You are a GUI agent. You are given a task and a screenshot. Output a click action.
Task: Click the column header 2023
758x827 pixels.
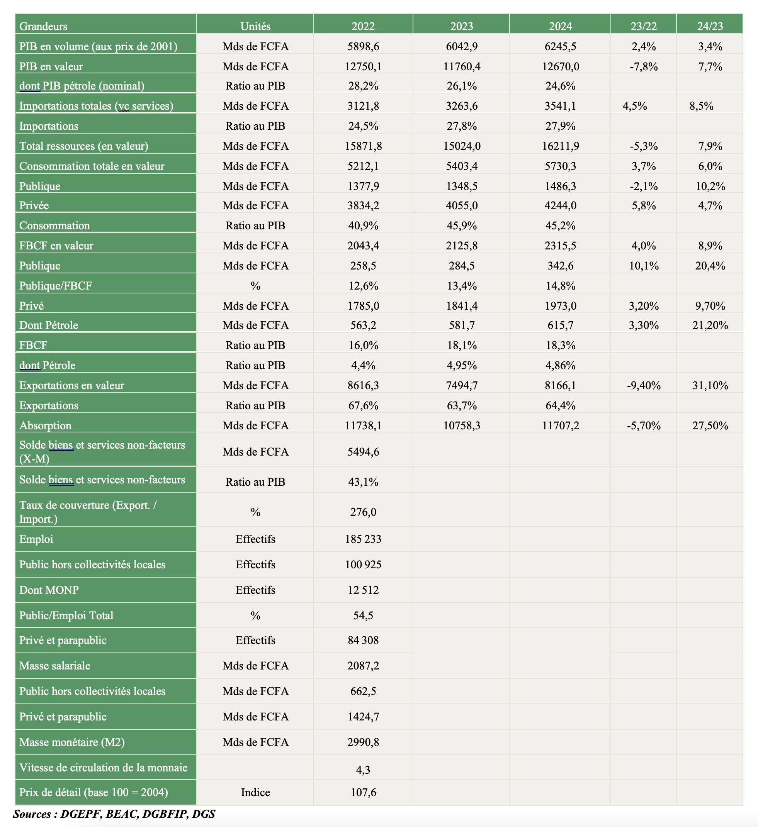pos(461,26)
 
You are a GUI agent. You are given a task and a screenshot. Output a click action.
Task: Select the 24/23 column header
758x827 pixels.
pos(710,26)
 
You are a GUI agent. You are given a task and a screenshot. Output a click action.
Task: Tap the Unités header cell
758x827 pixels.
pos(255,26)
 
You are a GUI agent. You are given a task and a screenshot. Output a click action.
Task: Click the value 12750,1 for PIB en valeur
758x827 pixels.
pos(363,66)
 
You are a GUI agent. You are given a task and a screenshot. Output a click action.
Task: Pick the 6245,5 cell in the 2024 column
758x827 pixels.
pos(560,46)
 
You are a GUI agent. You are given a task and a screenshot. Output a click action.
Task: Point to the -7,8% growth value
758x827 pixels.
pos(644,66)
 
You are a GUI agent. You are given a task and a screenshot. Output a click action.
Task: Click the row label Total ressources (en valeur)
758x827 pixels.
pos(84,146)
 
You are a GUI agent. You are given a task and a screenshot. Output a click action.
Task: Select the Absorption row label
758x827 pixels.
pos(45,425)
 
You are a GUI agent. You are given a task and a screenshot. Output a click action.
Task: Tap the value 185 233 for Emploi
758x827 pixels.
pos(363,539)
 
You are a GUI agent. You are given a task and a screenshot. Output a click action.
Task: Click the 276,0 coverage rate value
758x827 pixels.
pos(363,512)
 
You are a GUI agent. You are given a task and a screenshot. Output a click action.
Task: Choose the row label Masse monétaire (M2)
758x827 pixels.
pos(72,742)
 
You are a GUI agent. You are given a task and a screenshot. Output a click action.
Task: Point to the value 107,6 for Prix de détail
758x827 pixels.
pos(363,792)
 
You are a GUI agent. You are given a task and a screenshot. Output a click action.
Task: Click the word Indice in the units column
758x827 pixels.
pos(255,792)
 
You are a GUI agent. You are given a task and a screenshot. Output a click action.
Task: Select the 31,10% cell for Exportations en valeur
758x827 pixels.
pos(710,385)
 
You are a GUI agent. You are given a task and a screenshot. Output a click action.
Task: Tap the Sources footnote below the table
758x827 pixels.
pos(114,814)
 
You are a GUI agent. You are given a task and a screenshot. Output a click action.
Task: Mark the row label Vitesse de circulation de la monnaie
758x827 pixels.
pos(103,768)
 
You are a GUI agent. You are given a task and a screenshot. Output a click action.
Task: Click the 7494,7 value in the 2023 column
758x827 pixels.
pos(462,385)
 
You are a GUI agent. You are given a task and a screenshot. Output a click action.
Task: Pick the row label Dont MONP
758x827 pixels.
pos(49,590)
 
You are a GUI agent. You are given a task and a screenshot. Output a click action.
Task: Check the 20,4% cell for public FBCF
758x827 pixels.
pos(710,266)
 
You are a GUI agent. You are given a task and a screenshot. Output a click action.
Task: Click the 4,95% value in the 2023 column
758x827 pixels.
pos(462,365)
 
